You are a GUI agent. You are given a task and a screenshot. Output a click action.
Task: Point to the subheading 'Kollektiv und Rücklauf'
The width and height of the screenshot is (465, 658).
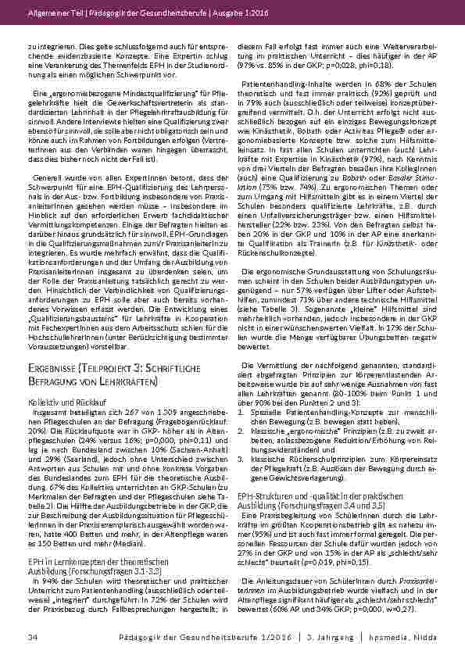(63, 400)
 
